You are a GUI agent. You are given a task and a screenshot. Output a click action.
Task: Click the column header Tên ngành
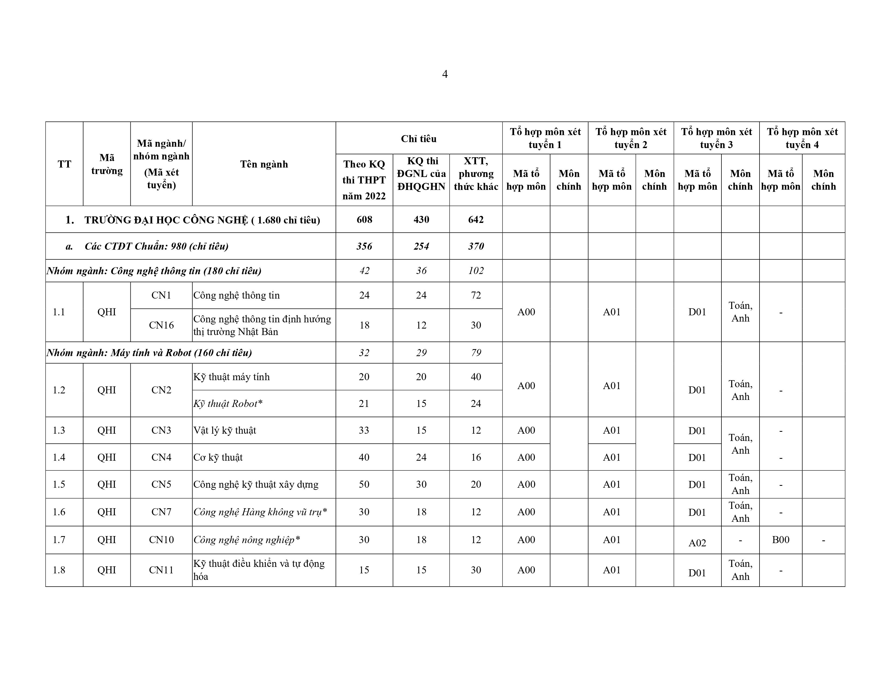[264, 164]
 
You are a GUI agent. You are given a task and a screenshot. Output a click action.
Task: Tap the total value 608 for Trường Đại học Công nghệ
[364, 220]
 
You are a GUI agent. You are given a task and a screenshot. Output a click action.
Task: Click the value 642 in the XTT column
[476, 220]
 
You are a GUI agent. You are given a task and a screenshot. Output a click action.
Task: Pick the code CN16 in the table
[161, 325]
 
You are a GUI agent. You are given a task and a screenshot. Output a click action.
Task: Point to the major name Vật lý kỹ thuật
[225, 430]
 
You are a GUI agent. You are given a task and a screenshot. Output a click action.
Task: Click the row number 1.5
[59, 484]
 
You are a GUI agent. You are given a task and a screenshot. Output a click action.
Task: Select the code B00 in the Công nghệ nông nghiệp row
[781, 540]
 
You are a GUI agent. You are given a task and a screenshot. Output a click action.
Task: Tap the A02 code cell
[697, 543]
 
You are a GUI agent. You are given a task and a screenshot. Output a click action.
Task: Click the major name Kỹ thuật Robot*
[228, 404]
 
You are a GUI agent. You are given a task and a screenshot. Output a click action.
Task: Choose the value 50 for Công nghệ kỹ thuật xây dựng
[364, 484]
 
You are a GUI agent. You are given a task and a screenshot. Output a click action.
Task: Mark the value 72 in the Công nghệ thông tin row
[476, 295]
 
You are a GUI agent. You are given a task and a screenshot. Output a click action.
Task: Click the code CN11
[161, 570]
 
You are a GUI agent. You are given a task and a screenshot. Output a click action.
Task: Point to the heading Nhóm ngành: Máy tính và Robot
[149, 353]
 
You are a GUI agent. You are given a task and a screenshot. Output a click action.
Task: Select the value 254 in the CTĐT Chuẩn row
[421, 246]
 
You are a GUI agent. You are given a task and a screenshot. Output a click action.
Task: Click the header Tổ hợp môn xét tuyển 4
[802, 138]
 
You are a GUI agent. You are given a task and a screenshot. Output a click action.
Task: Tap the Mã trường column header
[107, 164]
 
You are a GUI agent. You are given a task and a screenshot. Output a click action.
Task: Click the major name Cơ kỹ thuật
[218, 457]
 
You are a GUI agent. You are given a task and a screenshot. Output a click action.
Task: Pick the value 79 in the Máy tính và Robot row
[476, 353]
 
